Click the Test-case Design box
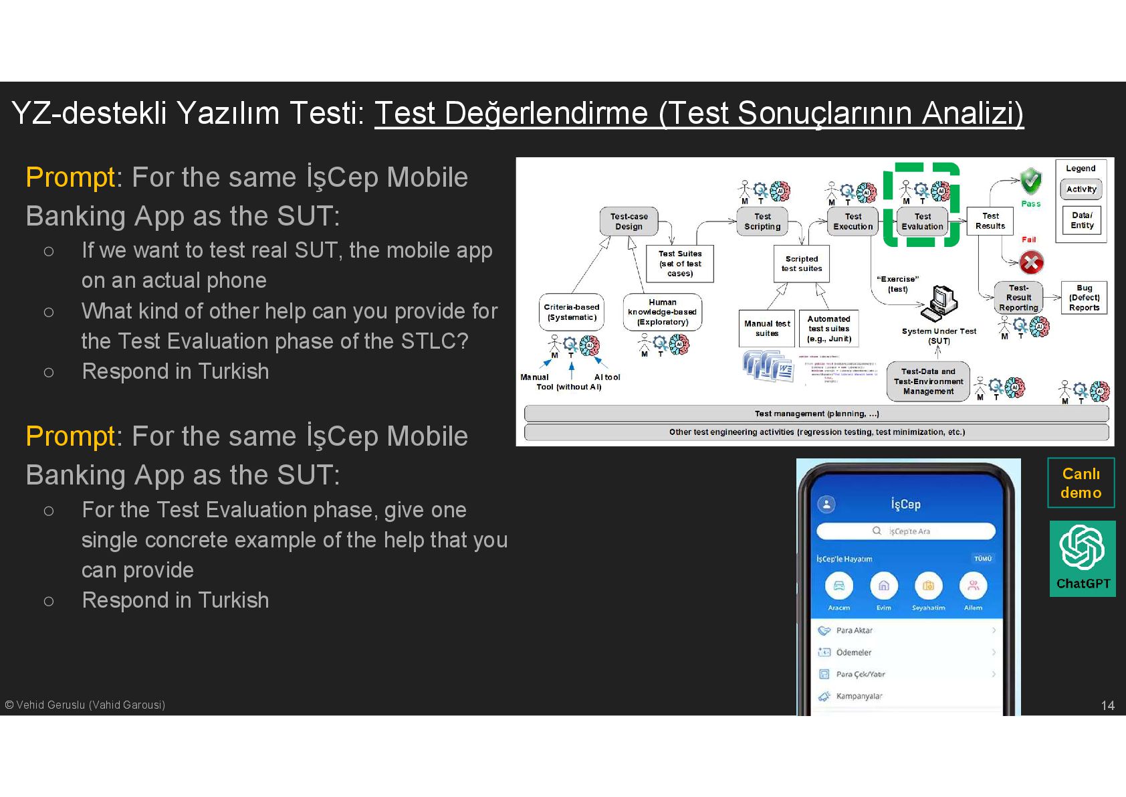[629, 222]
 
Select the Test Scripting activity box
[762, 222]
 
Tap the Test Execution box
[853, 222]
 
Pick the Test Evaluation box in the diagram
[922, 222]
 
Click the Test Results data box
[990, 221]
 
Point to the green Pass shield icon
[1031, 180]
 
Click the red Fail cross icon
[1031, 262]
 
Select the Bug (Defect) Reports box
[1084, 298]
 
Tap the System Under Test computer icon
[939, 302]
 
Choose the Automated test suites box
[828, 329]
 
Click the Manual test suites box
[767, 329]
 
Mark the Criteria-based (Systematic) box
[572, 313]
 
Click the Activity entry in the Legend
[1081, 189]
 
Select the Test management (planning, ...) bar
[816, 414]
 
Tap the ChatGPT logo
[1082, 550]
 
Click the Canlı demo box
[1081, 483]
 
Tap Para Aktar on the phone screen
[854, 630]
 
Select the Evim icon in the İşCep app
[883, 587]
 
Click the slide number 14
[1107, 705]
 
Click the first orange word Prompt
[70, 177]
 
